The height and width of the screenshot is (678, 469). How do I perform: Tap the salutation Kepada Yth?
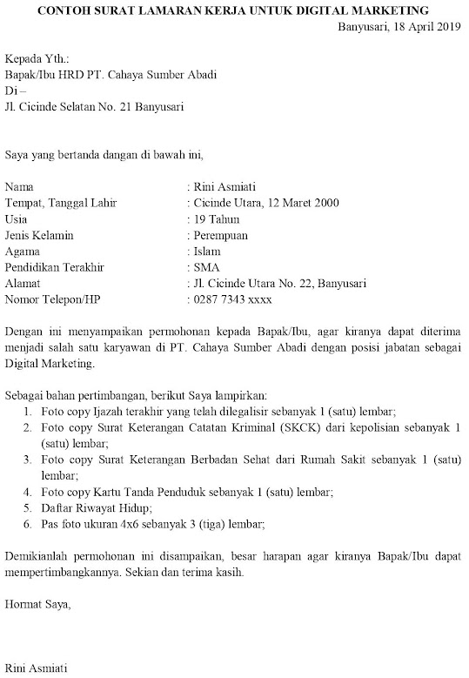pyautogui.click(x=37, y=58)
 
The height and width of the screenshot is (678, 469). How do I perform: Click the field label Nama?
pyautogui.click(x=20, y=186)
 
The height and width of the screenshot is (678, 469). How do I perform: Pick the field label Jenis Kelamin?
pyautogui.click(x=39, y=235)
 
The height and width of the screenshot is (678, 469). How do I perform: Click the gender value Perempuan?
pyautogui.click(x=222, y=235)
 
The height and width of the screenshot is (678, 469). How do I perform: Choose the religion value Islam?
pyautogui.click(x=209, y=252)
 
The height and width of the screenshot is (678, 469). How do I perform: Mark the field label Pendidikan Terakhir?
pyautogui.click(x=55, y=267)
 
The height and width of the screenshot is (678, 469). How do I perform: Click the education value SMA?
pyautogui.click(x=208, y=267)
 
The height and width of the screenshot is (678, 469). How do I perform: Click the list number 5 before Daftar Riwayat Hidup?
pyautogui.click(x=27, y=508)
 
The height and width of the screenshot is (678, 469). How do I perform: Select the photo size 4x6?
pyautogui.click(x=130, y=524)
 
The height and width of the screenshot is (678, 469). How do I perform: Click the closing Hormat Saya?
pyautogui.click(x=37, y=602)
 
